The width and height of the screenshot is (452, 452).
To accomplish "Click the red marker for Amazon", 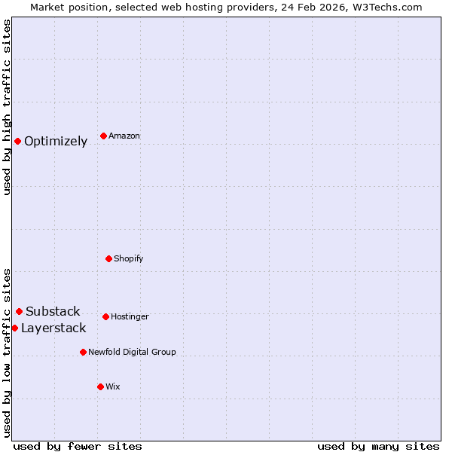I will click(103, 136).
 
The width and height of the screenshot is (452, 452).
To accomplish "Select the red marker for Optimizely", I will click(17, 141).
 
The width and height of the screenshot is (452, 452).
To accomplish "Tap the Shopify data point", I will click(108, 258).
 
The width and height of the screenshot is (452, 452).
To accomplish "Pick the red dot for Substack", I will click(19, 311).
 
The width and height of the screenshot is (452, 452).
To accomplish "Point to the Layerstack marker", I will click(14, 328).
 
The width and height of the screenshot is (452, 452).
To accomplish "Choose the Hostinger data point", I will click(105, 316).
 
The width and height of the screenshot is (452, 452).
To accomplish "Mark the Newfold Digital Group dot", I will click(83, 352).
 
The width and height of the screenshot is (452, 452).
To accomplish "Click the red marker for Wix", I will click(100, 386).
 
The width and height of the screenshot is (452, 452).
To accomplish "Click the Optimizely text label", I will click(56, 142).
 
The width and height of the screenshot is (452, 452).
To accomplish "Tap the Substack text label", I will click(53, 312).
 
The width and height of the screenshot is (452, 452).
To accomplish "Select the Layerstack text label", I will click(53, 328).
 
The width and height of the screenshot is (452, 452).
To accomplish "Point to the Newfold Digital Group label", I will click(132, 352).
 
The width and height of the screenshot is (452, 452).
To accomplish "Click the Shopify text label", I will click(128, 258).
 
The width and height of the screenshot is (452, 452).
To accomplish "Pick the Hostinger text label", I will click(130, 316).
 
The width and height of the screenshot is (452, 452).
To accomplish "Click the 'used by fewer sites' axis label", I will click(78, 447).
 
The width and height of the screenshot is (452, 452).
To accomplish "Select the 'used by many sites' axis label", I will click(378, 447).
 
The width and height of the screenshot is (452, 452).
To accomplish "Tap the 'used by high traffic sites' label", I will click(8, 107).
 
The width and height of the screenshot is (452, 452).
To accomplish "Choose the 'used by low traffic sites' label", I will click(8, 352).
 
